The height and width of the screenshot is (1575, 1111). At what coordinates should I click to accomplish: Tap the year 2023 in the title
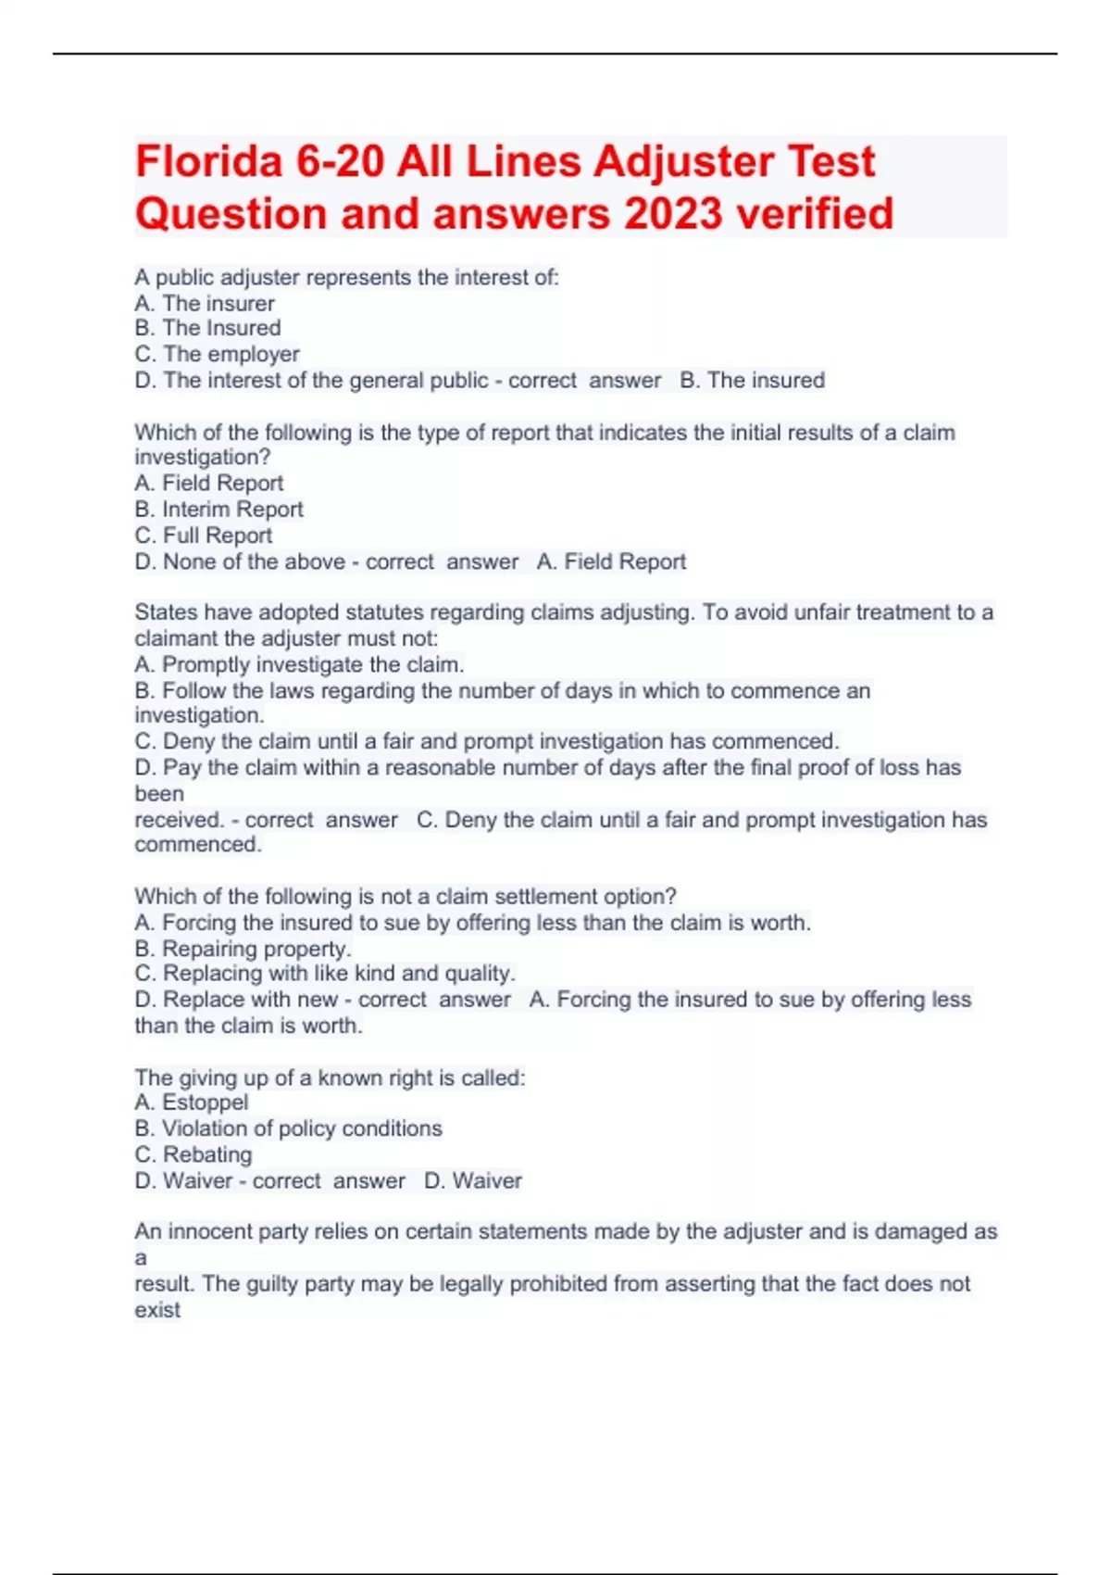tap(672, 214)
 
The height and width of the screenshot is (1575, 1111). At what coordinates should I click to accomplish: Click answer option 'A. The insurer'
tap(205, 303)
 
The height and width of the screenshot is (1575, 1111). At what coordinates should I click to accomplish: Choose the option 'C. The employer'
tap(217, 354)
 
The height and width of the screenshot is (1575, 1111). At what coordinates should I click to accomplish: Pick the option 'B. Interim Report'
tap(218, 509)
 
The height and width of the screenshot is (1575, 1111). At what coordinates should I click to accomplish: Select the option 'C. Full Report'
tap(204, 535)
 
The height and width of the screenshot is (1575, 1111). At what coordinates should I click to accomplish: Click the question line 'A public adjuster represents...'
tap(346, 277)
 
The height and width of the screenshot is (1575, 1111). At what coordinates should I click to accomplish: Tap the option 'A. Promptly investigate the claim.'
tap(299, 664)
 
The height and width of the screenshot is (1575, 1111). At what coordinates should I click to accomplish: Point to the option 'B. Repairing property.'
tap(243, 949)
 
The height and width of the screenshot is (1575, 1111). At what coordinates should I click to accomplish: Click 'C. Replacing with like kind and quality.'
tap(325, 974)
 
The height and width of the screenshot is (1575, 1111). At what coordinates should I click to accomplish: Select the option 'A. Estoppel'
tap(192, 1102)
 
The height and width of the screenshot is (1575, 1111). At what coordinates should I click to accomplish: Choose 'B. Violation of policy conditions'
tap(288, 1128)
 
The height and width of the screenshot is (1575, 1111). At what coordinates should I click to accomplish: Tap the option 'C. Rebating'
tap(193, 1154)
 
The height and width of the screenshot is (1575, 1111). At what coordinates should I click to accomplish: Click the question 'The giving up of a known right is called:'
tap(330, 1077)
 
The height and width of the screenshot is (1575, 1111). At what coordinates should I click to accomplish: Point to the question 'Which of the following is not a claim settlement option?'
tap(406, 896)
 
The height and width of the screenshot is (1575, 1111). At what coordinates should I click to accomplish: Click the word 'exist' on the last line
tap(157, 1310)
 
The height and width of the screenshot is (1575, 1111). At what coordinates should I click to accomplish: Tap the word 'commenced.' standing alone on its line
tap(198, 844)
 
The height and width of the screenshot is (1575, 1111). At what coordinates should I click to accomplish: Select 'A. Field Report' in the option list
tap(209, 483)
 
